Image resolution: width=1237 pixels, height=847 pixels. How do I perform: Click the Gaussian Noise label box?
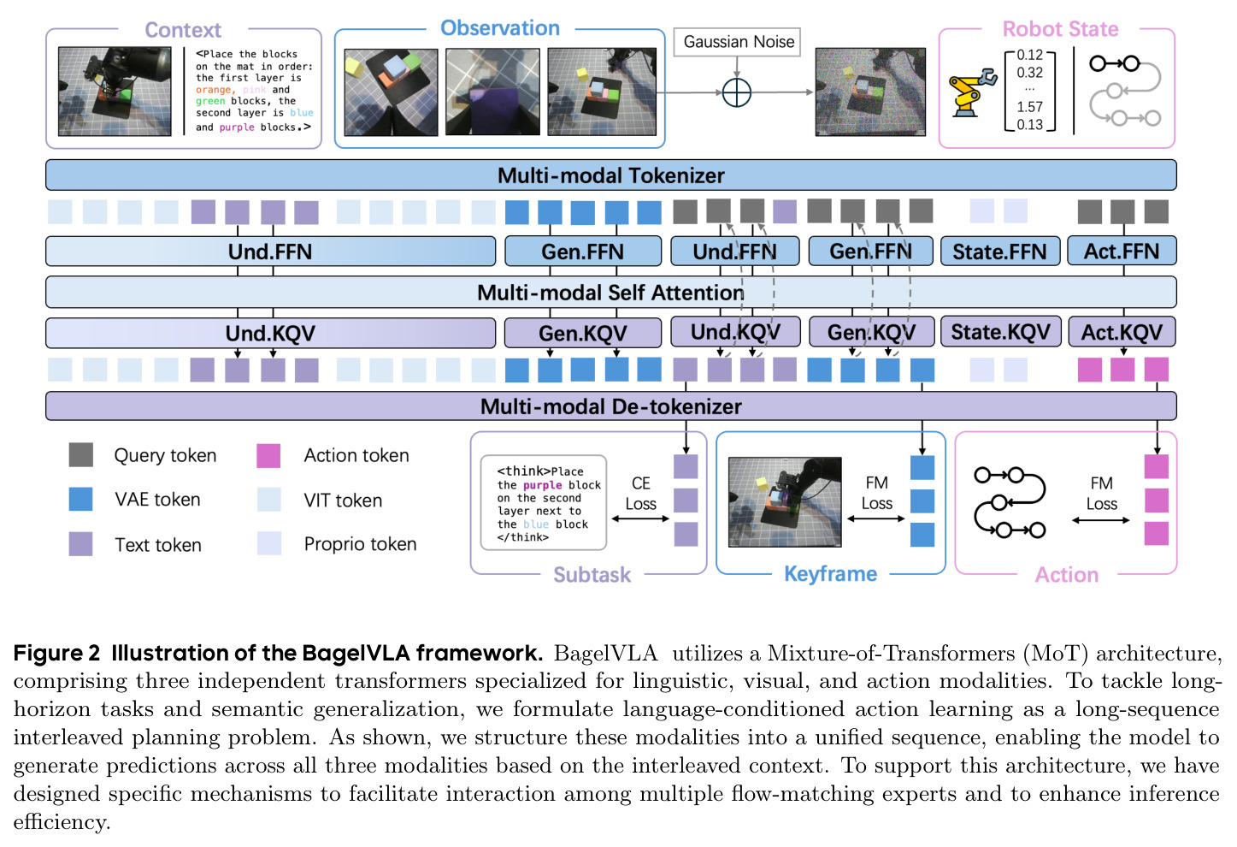pos(737,42)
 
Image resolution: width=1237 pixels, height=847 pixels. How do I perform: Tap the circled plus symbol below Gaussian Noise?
pos(737,92)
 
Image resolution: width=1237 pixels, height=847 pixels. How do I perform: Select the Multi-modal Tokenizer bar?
pos(610,175)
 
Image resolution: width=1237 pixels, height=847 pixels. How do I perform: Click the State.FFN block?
pos(999,252)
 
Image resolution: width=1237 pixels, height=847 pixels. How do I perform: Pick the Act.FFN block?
pos(1122,252)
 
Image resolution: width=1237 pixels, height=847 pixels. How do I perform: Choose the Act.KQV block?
pos(1122,332)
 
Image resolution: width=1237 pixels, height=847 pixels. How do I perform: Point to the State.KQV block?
pos(1001,332)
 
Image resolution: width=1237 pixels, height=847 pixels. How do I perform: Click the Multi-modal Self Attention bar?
pos(610,293)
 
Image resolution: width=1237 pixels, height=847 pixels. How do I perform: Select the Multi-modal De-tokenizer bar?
pos(610,406)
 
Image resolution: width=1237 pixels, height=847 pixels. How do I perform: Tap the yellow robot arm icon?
pos(973,92)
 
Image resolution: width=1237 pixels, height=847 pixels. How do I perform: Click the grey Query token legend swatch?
pos(80,454)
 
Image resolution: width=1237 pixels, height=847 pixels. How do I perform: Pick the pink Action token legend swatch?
pos(268,454)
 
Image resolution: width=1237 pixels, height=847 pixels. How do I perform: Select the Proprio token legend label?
pos(360,544)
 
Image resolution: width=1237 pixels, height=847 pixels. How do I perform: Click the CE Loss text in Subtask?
pos(640,494)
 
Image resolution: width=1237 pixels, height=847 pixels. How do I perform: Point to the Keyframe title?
pos(831,574)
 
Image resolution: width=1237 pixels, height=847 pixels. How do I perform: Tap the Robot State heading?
pos(1060,29)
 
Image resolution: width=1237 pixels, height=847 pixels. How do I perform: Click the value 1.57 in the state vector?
pos(1030,107)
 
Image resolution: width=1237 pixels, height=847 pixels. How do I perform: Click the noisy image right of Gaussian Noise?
pos(870,92)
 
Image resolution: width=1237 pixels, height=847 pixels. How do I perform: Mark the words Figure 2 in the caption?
pos(57,653)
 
